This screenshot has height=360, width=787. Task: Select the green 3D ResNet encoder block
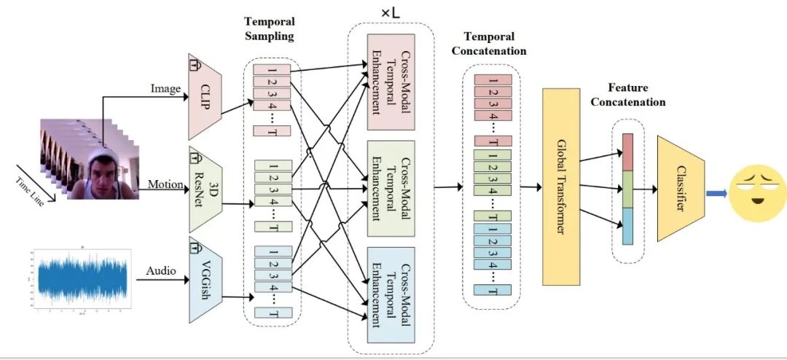pyautogui.click(x=205, y=192)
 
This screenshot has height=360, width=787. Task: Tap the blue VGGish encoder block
pyautogui.click(x=205, y=280)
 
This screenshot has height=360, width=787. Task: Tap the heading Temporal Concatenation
pyautogui.click(x=488, y=44)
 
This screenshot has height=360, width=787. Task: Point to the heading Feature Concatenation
pyautogui.click(x=627, y=95)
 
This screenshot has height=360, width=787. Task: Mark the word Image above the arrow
pyautogui.click(x=165, y=88)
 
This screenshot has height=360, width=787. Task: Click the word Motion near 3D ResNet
pyautogui.click(x=165, y=184)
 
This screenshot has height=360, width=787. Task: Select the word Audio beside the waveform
pyautogui.click(x=161, y=271)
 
